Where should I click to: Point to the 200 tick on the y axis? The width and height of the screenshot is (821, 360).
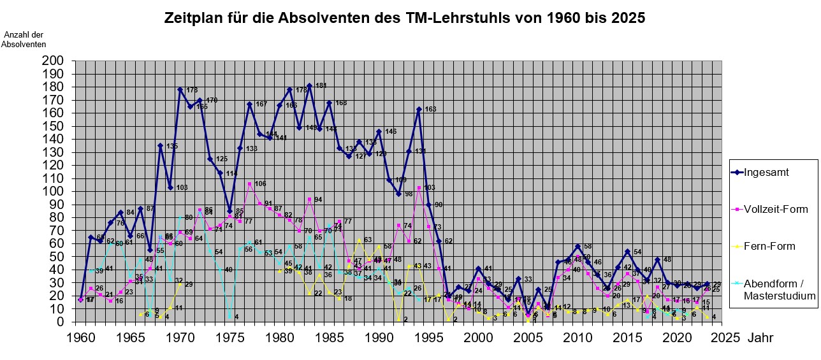click(54, 61)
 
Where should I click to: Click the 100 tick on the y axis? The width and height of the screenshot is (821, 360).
click(54, 191)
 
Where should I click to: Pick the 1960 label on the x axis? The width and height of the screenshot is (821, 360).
click(80, 336)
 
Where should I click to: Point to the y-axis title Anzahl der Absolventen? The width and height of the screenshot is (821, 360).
click(24, 39)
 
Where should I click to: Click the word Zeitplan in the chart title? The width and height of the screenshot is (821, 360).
click(194, 18)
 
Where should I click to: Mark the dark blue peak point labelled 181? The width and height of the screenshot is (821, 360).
click(309, 85)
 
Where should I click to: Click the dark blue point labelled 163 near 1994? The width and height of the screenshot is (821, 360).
click(419, 109)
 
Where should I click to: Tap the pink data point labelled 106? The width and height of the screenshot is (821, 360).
click(250, 184)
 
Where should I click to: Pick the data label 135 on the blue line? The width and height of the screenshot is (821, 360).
click(171, 147)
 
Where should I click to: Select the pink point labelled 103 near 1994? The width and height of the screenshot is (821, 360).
click(419, 187)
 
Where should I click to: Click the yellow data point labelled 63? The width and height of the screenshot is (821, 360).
click(359, 240)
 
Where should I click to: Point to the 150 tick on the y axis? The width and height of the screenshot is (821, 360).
click(54, 126)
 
